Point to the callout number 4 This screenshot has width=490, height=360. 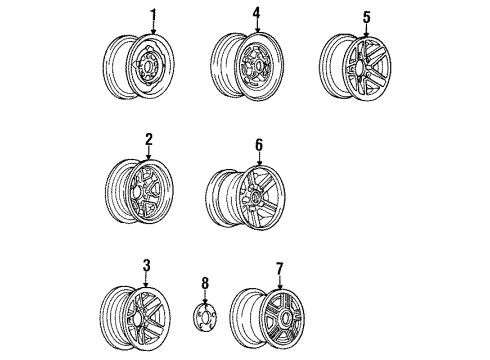click(256, 13)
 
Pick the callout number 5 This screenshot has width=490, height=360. click(366, 16)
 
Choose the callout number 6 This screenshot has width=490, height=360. click(258, 144)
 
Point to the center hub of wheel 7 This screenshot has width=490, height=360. click(277, 319)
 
